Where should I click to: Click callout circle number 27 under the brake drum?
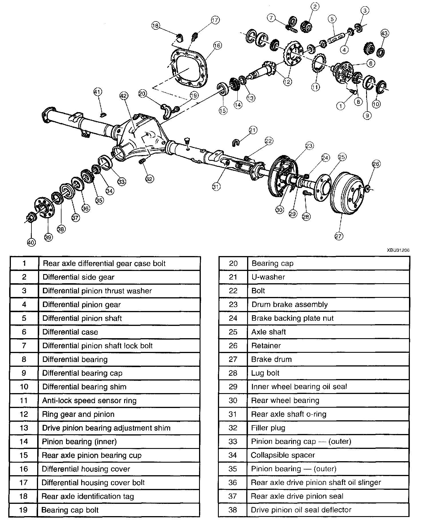click(x=338, y=236)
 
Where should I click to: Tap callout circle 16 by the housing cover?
click(x=217, y=45)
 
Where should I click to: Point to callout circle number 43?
click(x=384, y=34)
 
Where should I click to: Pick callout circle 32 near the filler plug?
click(x=149, y=179)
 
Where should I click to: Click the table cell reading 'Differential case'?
click(x=70, y=332)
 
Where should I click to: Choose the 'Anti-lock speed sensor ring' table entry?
click(x=89, y=401)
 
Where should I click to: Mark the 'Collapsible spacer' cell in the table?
click(x=283, y=455)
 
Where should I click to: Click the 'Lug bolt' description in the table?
click(x=265, y=373)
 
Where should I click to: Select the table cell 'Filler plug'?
click(x=268, y=428)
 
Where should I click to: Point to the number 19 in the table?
click(x=23, y=510)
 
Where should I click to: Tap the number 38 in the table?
click(x=233, y=510)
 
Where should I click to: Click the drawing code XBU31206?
click(x=398, y=250)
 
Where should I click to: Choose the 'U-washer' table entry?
click(x=268, y=277)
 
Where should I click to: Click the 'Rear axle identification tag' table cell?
click(x=88, y=496)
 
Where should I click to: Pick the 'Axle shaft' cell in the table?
click(x=268, y=332)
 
